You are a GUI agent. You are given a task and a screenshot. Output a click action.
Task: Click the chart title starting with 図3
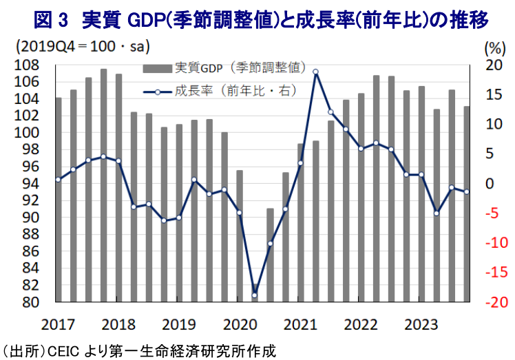coord(257,20)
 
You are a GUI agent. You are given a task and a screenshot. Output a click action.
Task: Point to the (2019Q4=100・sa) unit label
coord(83,47)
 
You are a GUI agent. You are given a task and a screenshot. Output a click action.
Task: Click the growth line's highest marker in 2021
coord(315,72)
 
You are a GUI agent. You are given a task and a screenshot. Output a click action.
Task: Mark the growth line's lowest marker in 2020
coord(255,295)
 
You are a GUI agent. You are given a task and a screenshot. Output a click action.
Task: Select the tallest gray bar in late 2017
coord(103,186)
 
